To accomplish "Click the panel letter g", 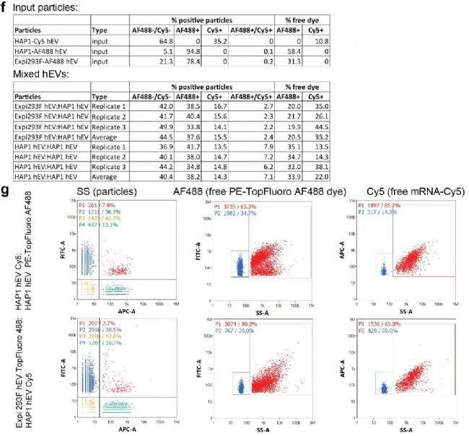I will tap(6, 210).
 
